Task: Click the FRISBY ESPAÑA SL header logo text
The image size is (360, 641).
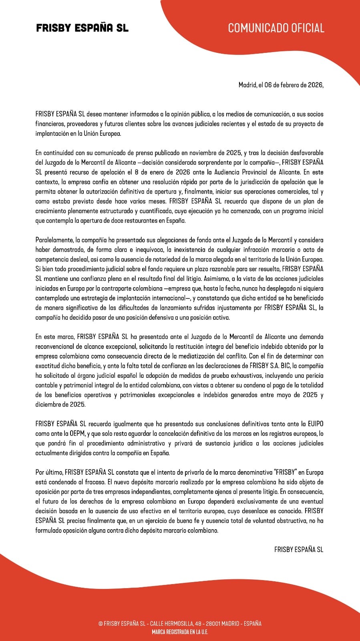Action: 82,28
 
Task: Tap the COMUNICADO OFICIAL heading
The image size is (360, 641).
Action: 276,28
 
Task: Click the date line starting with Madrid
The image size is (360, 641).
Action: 281,85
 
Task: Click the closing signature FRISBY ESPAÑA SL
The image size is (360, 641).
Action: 299,550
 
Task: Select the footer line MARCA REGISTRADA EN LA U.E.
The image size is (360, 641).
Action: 180,632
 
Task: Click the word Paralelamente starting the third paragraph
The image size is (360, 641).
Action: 54,240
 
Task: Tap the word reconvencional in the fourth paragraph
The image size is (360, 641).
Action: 56,347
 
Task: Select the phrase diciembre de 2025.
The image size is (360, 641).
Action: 60,405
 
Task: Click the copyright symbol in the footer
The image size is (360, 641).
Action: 101,624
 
